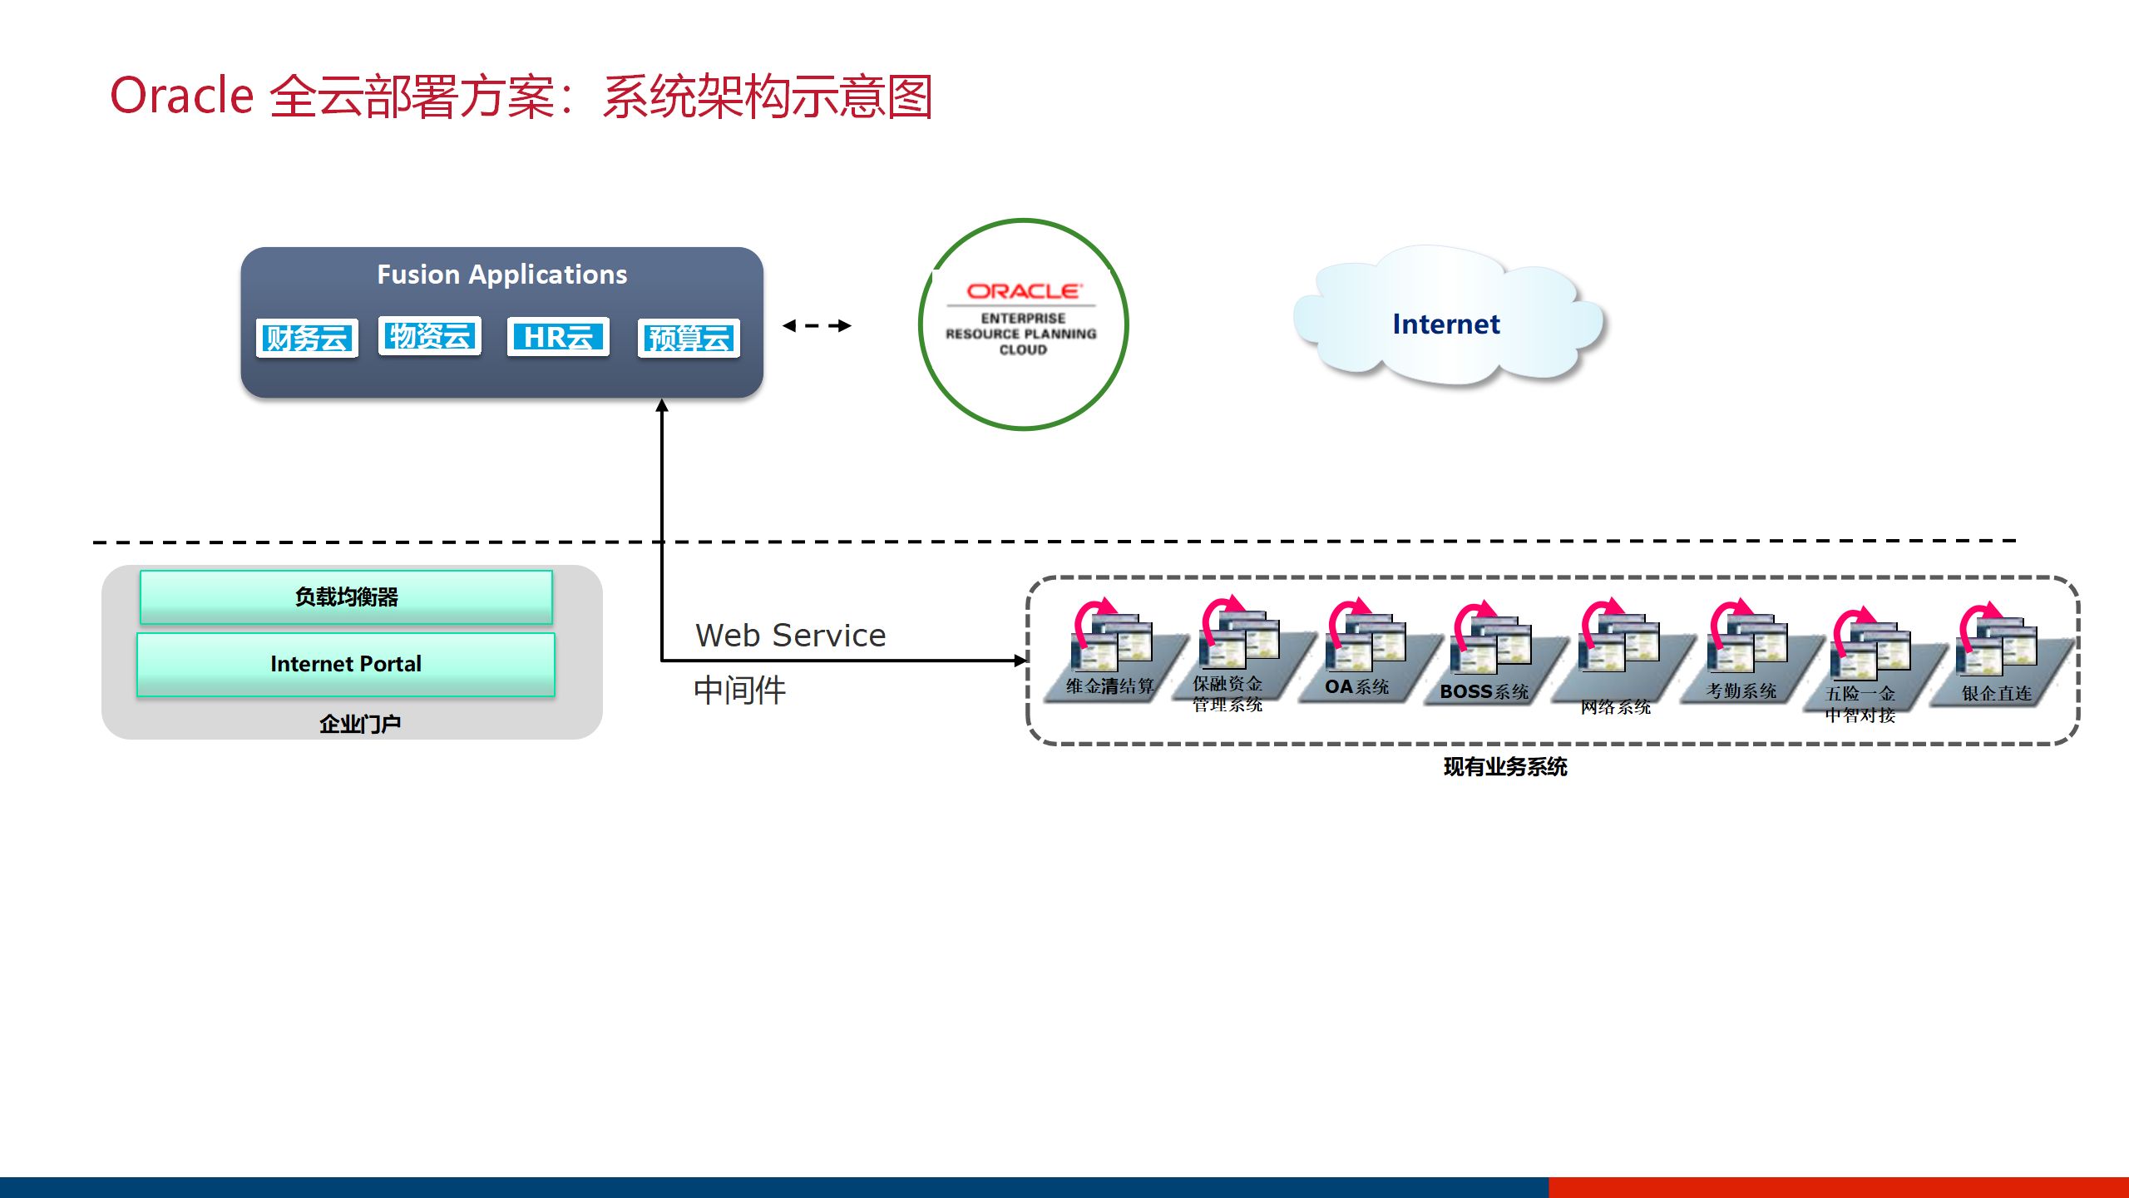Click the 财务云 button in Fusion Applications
(307, 338)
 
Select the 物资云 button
(430, 336)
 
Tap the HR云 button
(558, 337)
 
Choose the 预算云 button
(689, 338)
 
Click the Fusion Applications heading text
(502, 275)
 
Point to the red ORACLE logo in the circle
(1023, 291)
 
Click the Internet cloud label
(1446, 324)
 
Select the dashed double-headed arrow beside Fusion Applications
(817, 325)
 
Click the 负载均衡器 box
(346, 597)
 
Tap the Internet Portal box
(346, 664)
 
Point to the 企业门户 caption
(360, 724)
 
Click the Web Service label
(791, 636)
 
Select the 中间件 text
(739, 691)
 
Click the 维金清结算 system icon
(1111, 645)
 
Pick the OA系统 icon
(1365, 645)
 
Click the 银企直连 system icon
(1998, 649)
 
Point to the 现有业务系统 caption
(1505, 767)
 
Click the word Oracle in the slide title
(181, 96)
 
